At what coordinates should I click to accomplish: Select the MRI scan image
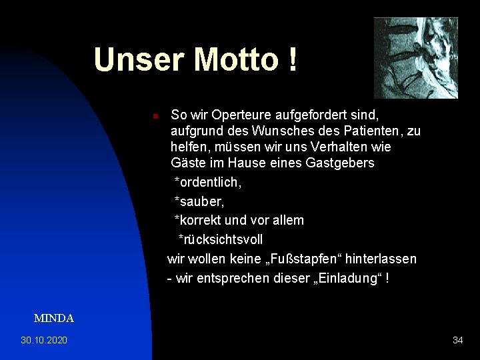[415, 58]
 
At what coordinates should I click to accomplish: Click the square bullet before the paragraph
[154, 116]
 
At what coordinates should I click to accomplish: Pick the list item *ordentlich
[207, 182]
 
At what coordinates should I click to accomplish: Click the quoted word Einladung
[349, 277]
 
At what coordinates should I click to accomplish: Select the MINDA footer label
[54, 319]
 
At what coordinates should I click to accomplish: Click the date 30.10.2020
[44, 341]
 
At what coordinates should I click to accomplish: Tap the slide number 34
[457, 341]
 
